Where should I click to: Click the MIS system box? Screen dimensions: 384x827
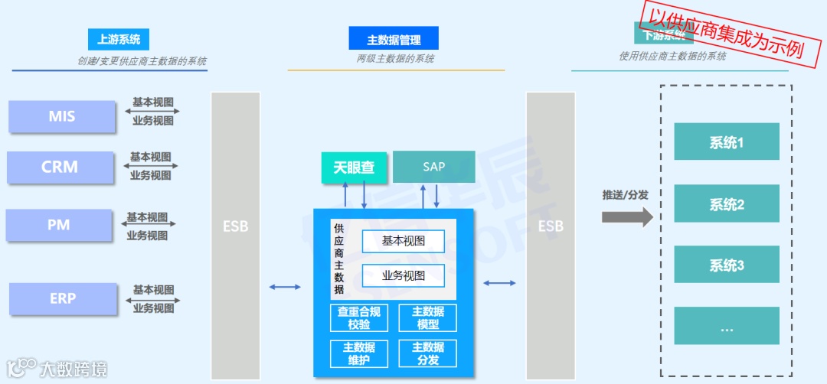(x=62, y=116)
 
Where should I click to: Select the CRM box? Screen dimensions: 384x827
(x=60, y=167)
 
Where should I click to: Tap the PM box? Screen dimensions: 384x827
(x=59, y=225)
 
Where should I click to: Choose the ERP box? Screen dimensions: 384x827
(x=63, y=298)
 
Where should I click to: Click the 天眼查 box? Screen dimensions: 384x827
(x=354, y=167)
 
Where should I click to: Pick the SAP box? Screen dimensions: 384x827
(x=433, y=167)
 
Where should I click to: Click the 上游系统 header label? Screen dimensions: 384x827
(x=119, y=39)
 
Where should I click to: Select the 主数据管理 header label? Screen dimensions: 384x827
(x=394, y=39)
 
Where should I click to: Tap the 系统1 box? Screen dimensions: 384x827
(x=726, y=142)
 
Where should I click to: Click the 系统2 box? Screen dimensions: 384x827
(x=726, y=203)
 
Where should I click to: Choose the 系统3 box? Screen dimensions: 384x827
(x=726, y=265)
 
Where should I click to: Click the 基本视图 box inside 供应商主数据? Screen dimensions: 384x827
(x=404, y=242)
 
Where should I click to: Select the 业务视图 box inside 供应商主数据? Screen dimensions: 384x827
(x=404, y=275)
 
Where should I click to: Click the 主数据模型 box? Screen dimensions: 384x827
(x=427, y=317)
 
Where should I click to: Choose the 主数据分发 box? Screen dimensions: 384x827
(x=427, y=353)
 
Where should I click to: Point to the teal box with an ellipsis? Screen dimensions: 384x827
(x=726, y=326)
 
